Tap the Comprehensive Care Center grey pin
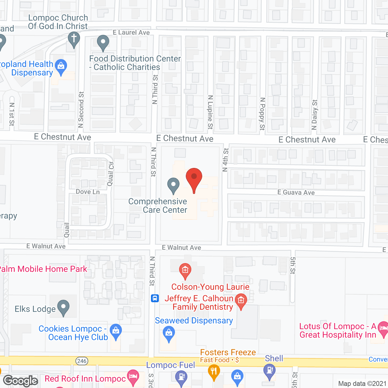coord(173,185)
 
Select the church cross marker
coord(74,40)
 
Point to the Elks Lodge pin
coord(63,308)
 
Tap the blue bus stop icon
coord(155,298)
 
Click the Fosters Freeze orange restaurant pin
coord(214,372)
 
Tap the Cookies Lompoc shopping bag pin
coord(116,331)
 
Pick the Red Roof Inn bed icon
coord(133,377)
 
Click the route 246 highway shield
coord(82,361)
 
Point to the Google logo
coord(21,381)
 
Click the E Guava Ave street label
coord(296,192)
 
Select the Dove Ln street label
coord(88,192)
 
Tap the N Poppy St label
coord(263,114)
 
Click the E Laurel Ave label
coord(131,32)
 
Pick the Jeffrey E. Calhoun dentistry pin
coord(241,301)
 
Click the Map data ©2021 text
coord(362,383)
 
